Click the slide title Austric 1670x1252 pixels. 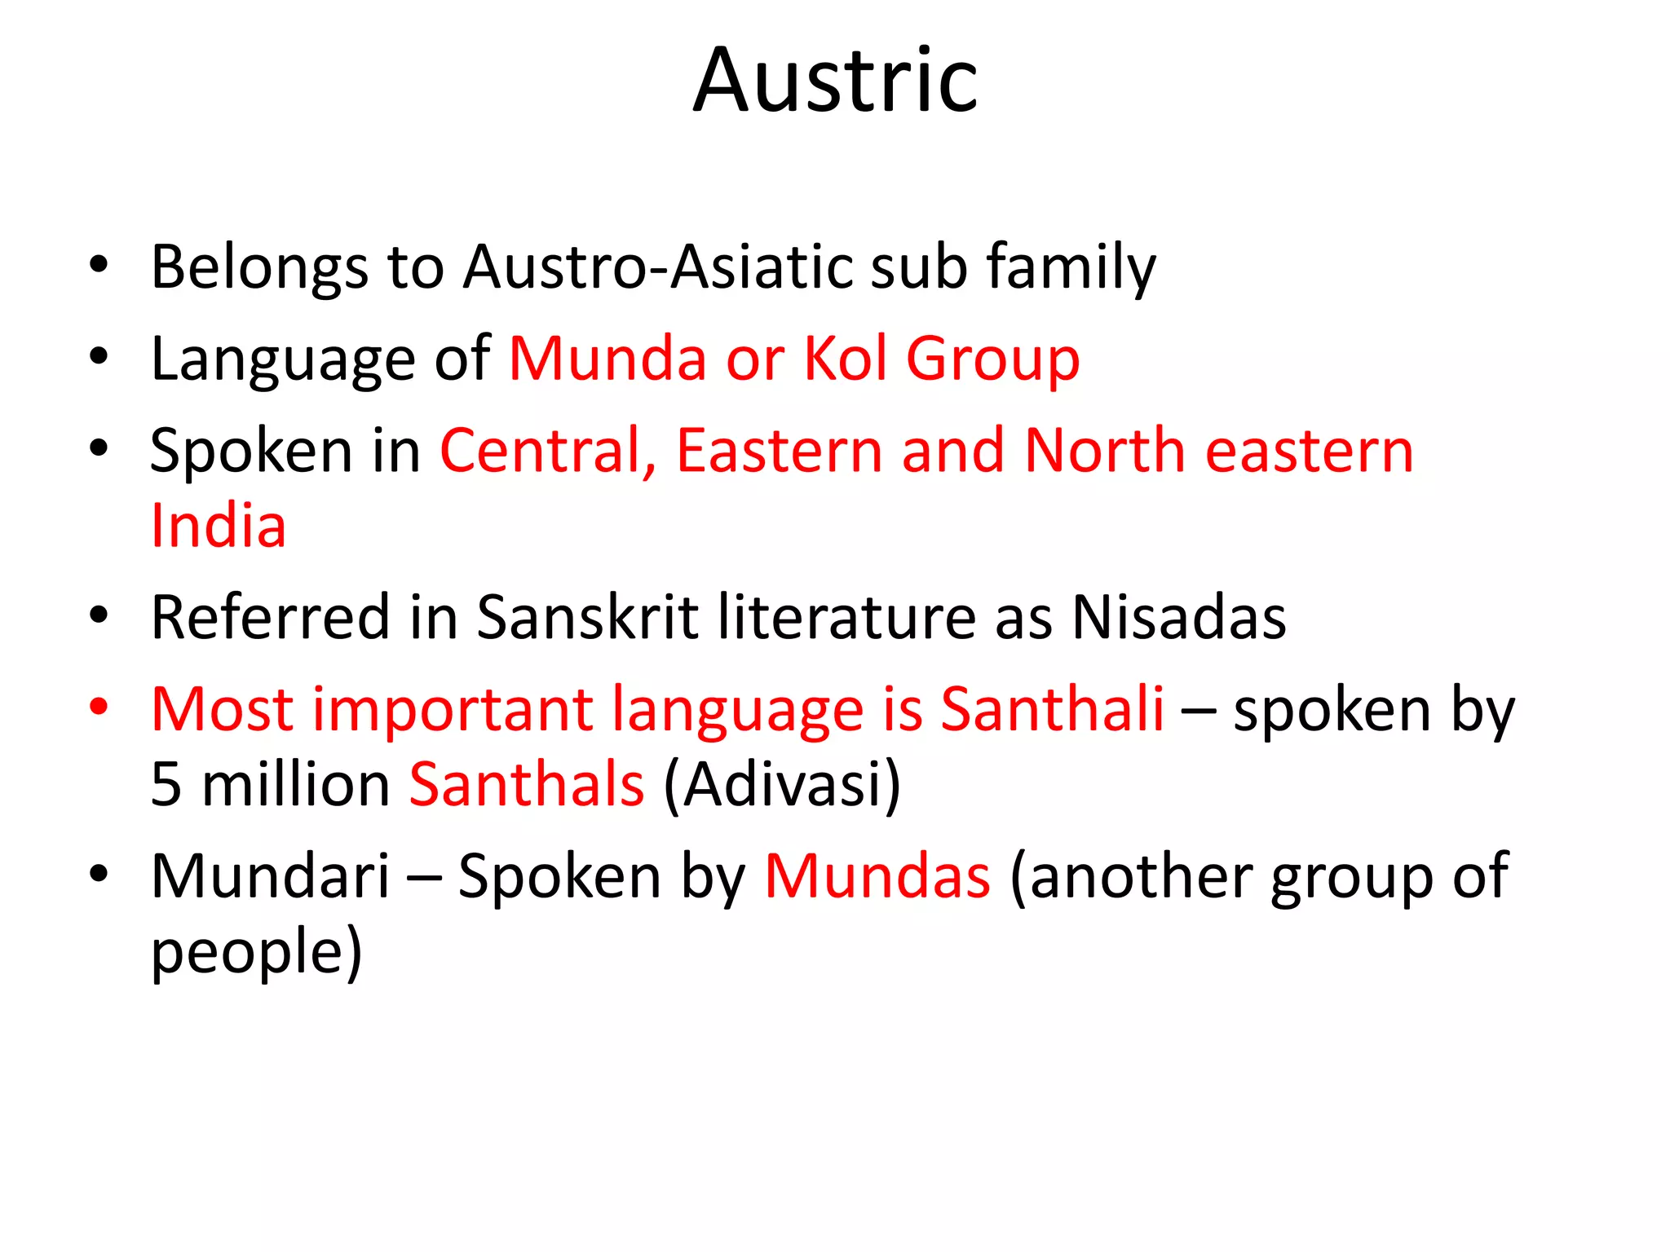click(835, 82)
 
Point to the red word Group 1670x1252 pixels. click(992, 359)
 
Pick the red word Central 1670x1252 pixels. click(547, 451)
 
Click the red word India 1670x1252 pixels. click(219, 526)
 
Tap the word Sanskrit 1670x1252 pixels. click(587, 617)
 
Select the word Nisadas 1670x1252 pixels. click(1178, 617)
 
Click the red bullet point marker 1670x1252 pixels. click(99, 706)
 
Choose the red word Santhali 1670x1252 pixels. click(1052, 708)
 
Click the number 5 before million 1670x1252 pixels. click(166, 784)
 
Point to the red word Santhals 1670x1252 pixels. click(527, 784)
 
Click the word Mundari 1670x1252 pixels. click(270, 876)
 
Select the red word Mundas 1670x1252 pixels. click(877, 876)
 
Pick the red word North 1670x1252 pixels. click(1104, 451)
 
